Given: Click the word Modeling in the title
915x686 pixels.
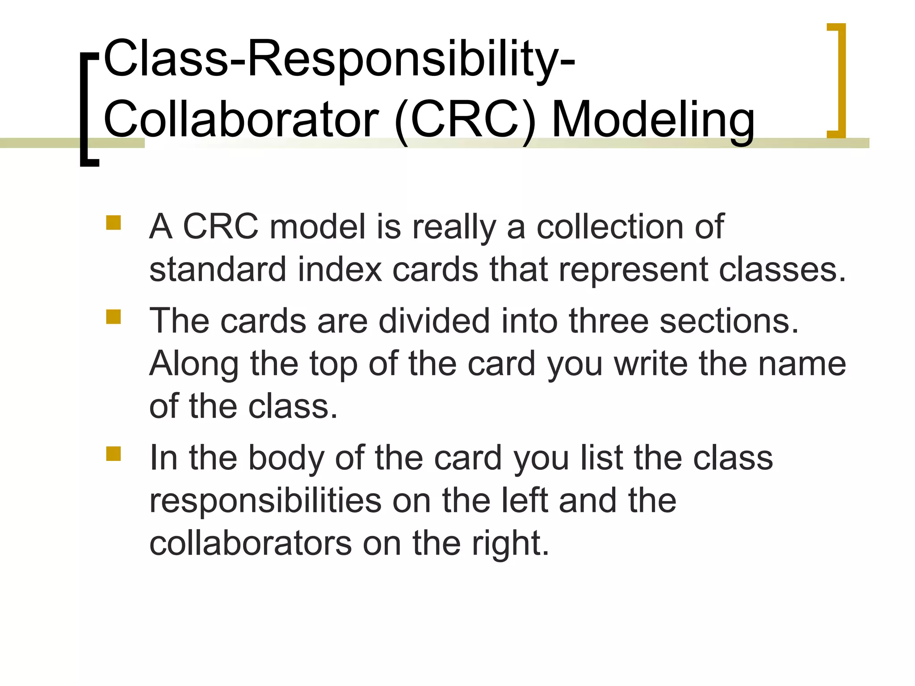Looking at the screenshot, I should (653, 120).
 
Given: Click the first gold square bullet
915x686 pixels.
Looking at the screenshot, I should (113, 222).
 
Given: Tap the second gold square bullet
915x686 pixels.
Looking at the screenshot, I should (113, 317).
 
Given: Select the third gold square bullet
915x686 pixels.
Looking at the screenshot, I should (113, 453).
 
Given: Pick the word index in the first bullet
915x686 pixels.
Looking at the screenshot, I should (340, 270).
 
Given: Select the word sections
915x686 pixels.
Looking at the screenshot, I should (729, 321).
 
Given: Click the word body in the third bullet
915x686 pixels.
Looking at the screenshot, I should (286, 458).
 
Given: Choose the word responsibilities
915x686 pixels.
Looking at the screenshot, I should (265, 501).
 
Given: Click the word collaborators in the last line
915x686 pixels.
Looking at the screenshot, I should (250, 544).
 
